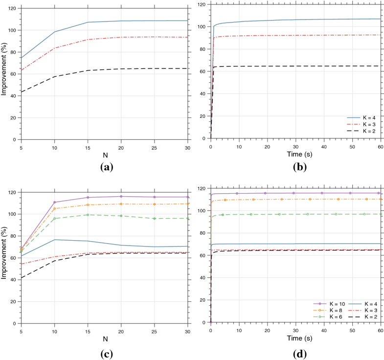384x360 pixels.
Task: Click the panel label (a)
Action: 105,167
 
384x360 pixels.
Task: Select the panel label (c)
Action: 105,350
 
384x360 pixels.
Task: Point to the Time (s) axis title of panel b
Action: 296,154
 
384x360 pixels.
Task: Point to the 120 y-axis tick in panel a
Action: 12,8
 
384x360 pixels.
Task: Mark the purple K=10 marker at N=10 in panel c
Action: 54,202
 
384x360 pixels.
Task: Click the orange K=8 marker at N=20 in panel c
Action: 121,204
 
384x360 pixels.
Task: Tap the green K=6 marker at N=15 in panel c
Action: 88,215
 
